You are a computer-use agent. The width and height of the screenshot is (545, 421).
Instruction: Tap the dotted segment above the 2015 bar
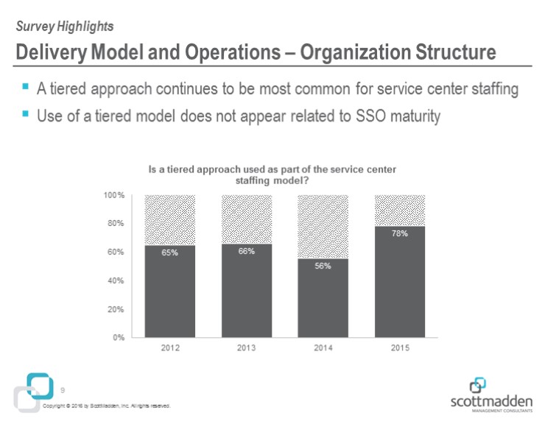pyautogui.click(x=399, y=210)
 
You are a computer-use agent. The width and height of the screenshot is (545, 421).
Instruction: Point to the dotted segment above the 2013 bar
pyautogui.click(x=247, y=219)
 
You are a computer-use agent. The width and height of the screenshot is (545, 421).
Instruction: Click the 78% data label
pyautogui.click(x=400, y=233)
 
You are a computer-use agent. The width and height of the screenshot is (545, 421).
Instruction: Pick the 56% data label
pyautogui.click(x=323, y=266)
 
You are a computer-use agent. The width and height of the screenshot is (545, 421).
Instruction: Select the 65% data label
pyautogui.click(x=170, y=253)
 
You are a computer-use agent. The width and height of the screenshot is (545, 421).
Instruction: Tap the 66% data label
pyautogui.click(x=247, y=252)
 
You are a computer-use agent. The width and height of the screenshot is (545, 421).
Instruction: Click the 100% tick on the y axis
pyautogui.click(x=113, y=195)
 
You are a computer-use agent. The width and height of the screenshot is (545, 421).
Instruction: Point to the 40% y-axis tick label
pyautogui.click(x=116, y=280)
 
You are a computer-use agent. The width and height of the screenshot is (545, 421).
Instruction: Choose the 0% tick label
pyautogui.click(x=119, y=338)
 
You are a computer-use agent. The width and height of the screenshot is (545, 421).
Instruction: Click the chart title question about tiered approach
pyautogui.click(x=272, y=174)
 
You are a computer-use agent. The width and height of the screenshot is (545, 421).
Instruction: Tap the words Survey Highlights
pyautogui.click(x=64, y=26)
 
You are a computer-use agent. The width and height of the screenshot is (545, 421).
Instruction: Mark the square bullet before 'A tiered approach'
pyautogui.click(x=26, y=87)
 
